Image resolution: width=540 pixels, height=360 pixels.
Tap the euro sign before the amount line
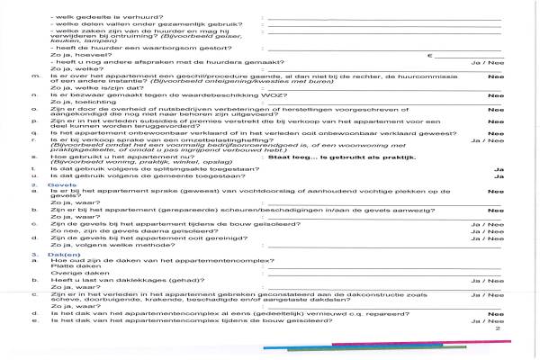(432, 56)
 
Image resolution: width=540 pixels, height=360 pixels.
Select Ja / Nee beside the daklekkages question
(485, 283)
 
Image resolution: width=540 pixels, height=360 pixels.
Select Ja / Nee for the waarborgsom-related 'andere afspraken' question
(485, 64)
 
